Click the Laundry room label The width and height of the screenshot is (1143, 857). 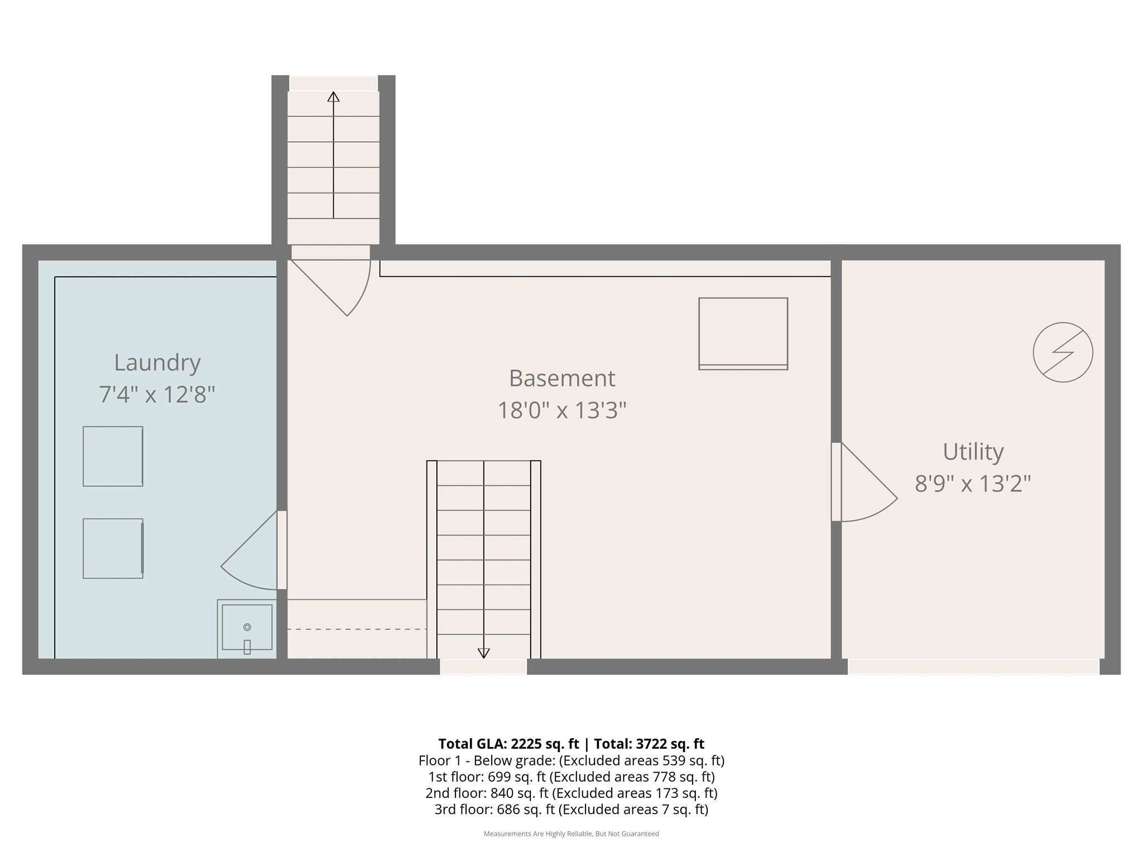[157, 363]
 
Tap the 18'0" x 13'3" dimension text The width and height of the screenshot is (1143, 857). [561, 411]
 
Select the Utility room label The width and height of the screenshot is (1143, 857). [973, 451]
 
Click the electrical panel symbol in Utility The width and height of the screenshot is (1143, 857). [1063, 352]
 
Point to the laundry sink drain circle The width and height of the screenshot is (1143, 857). [247, 627]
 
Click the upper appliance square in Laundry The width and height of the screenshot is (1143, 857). [113, 456]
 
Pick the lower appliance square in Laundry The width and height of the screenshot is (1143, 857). [113, 548]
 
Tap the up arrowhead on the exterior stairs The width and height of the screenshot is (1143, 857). [333, 97]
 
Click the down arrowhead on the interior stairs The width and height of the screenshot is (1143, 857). [484, 653]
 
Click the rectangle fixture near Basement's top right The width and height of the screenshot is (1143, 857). [743, 334]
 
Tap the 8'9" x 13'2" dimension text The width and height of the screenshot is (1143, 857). [972, 483]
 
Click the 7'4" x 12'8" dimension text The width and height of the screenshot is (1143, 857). [157, 394]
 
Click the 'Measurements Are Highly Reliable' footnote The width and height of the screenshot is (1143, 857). [571, 834]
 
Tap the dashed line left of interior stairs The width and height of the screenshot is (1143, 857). [357, 629]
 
